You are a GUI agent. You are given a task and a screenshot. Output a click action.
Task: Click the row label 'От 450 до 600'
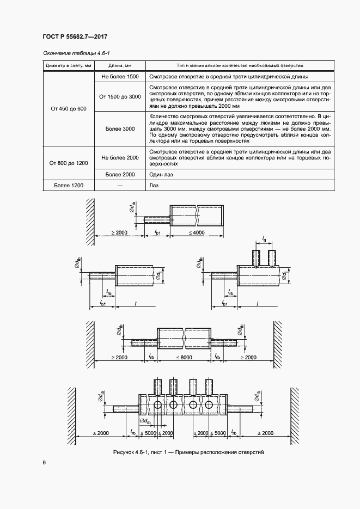tap(69, 109)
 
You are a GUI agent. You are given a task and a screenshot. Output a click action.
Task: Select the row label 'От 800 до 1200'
tap(69, 163)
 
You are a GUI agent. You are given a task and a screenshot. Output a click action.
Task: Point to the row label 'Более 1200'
tap(69, 186)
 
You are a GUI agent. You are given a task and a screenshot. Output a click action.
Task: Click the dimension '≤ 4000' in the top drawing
tap(197, 232)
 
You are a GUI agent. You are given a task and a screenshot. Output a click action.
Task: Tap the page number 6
tap(44, 463)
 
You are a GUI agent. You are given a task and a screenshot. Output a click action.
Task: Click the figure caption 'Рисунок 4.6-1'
tap(188, 452)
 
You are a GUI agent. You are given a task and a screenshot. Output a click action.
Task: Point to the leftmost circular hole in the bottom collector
tap(158, 404)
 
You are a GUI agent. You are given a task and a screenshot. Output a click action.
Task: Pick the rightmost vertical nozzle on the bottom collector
tap(209, 386)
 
